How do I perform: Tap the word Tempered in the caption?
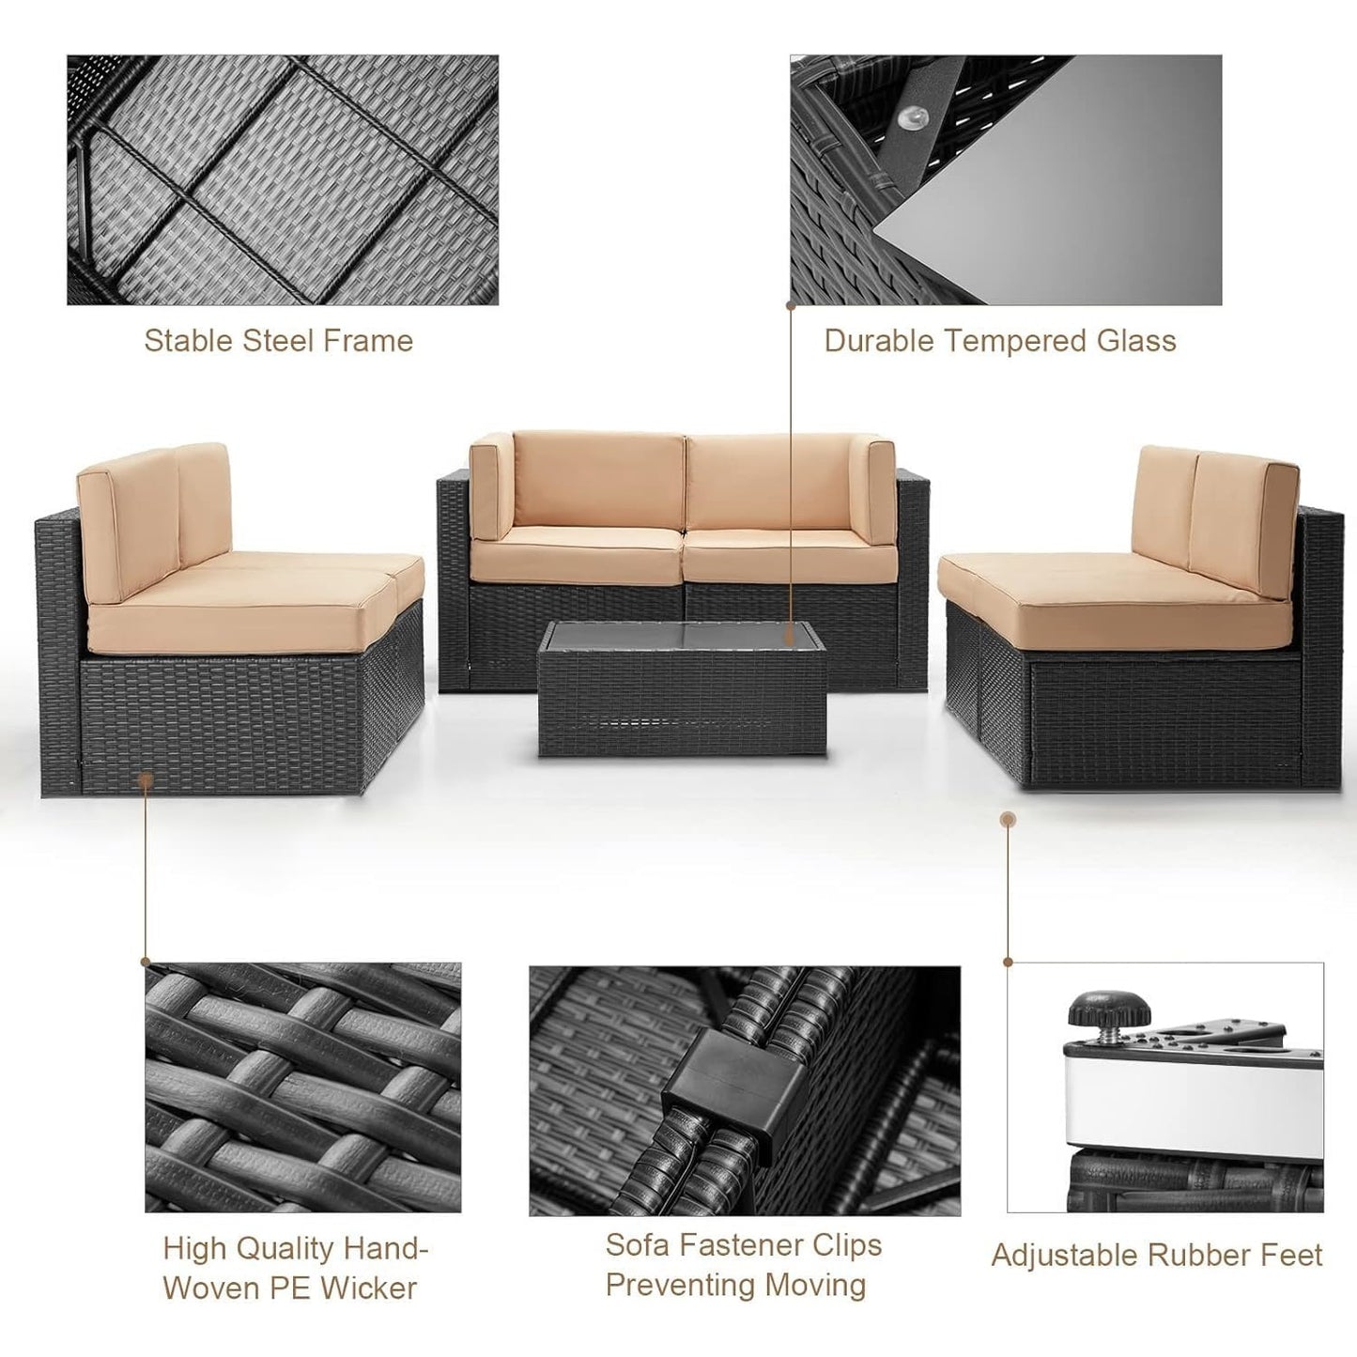[x=1002, y=340]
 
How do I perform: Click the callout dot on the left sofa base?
[x=146, y=778]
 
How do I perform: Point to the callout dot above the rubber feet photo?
[x=1008, y=820]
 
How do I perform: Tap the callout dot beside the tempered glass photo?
[x=791, y=305]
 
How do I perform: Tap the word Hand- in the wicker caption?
[x=386, y=1248]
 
